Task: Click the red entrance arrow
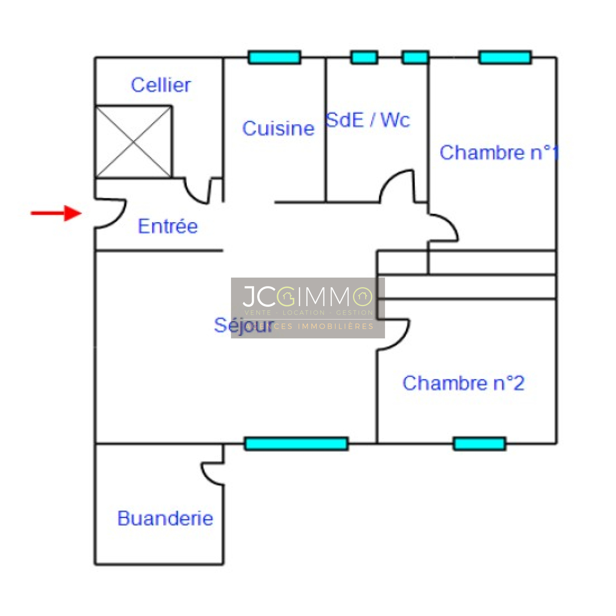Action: pos(56,213)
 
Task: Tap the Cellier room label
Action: pos(161,85)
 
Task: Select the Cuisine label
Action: pos(278,129)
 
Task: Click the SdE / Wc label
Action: pos(368,120)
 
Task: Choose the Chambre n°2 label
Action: pos(463,383)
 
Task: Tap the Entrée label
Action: pos(167,226)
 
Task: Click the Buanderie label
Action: pos(165,518)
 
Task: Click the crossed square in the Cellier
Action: pos(133,142)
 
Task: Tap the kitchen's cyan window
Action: pos(274,57)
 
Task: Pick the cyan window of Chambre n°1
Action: pos(505,57)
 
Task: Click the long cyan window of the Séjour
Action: pos(296,444)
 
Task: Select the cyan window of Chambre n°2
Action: pos(479,444)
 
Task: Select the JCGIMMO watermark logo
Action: pos(308,307)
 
